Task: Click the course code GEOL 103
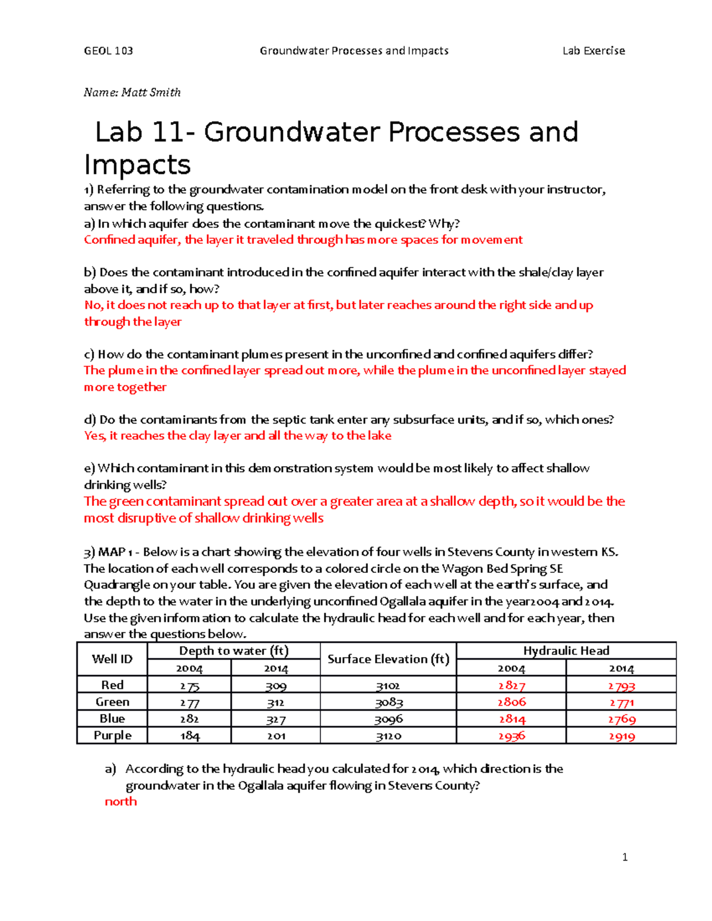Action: click(x=109, y=51)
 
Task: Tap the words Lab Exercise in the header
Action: click(x=593, y=51)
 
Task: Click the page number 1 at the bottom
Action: click(x=625, y=857)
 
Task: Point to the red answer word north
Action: click(x=120, y=802)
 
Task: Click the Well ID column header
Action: click(x=112, y=659)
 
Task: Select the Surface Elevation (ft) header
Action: click(x=388, y=659)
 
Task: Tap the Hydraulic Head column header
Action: click(x=566, y=651)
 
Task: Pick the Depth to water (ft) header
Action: click(x=234, y=651)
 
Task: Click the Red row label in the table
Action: click(x=112, y=685)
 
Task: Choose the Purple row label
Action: click(x=112, y=735)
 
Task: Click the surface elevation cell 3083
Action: click(x=389, y=703)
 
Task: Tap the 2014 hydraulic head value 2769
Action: click(x=621, y=719)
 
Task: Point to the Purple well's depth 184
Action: click(x=189, y=736)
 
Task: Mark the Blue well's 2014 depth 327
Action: click(x=276, y=719)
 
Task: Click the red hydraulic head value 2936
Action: click(x=511, y=736)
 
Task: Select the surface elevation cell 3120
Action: click(x=389, y=736)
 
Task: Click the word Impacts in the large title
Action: click(x=137, y=164)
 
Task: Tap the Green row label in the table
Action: click(x=112, y=702)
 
